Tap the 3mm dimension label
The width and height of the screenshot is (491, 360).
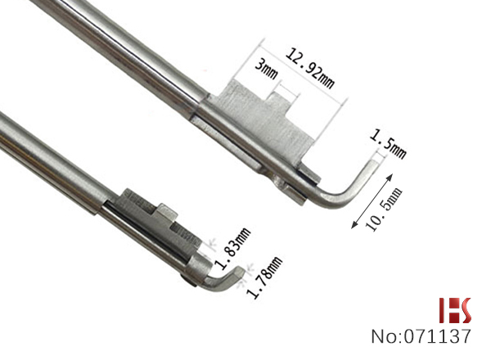point(267,70)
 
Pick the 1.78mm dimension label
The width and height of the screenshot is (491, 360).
point(265,277)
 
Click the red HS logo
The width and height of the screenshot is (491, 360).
point(455,310)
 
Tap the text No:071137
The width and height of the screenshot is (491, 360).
point(421,336)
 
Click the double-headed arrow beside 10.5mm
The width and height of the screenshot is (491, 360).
point(372,201)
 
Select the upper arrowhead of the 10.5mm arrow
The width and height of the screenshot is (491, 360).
point(390,177)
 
